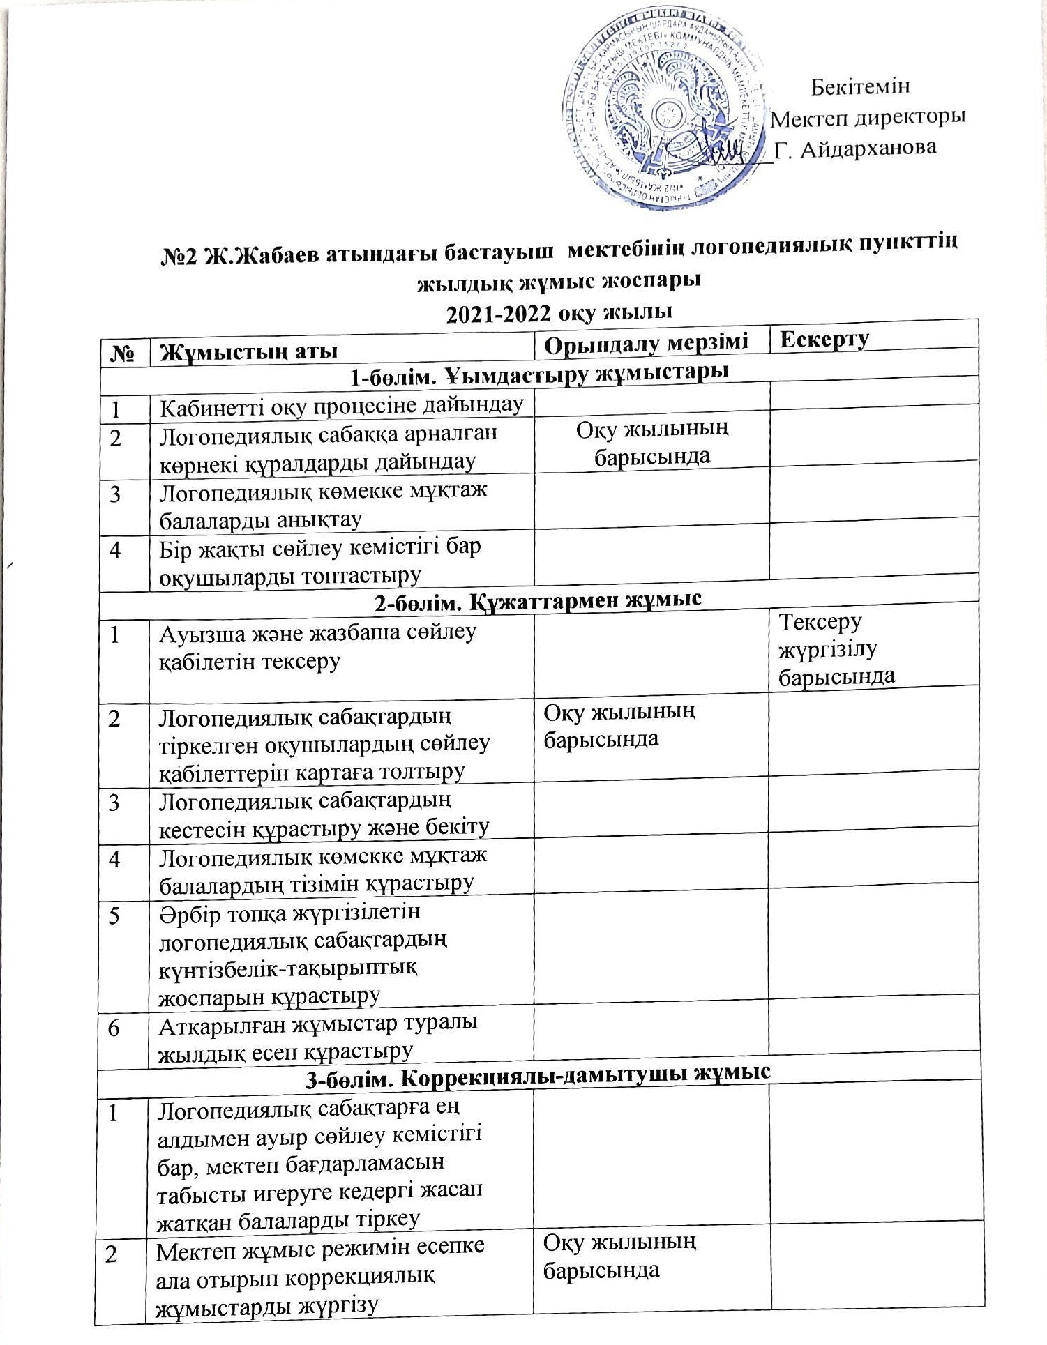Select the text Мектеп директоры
[868, 117]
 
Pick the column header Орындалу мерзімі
[646, 342]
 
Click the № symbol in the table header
[123, 353]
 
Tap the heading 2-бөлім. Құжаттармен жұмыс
[538, 600]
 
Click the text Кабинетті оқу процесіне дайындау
[342, 405]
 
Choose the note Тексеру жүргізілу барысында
[836, 649]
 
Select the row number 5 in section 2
[114, 915]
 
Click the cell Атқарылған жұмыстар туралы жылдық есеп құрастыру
[318, 1037]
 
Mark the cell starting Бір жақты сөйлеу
[320, 561]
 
